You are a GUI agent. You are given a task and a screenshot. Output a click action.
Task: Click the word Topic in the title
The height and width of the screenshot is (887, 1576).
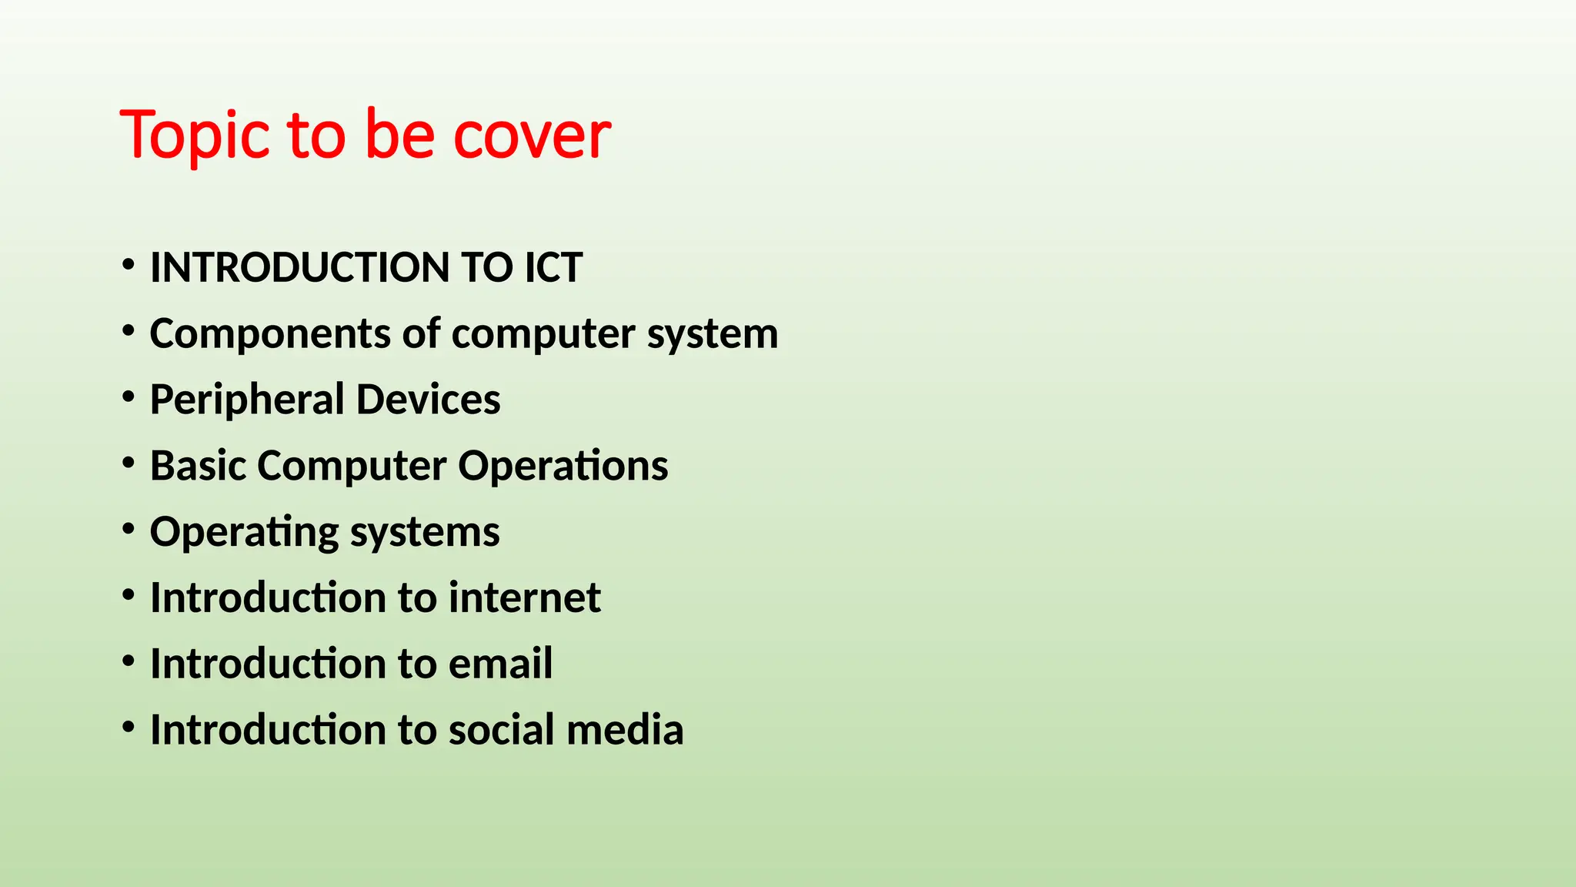point(195,136)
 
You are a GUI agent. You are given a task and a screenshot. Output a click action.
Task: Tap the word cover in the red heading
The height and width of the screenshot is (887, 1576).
point(532,136)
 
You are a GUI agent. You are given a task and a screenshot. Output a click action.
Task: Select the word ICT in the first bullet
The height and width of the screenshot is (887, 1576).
point(553,268)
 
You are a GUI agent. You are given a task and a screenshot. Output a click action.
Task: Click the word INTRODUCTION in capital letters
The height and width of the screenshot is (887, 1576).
point(299,268)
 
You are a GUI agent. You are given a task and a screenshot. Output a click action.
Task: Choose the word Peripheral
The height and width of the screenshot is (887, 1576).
point(247,400)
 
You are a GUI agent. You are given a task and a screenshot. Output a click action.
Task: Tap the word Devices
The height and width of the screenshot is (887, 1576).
point(428,400)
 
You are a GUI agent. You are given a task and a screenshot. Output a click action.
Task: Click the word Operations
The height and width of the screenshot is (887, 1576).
point(563,467)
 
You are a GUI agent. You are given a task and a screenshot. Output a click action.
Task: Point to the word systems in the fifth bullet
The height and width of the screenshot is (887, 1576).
point(426,533)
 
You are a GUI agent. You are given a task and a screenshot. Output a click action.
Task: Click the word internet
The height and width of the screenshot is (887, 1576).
point(524,598)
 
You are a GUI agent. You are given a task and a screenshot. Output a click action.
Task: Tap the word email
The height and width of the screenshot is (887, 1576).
point(500,664)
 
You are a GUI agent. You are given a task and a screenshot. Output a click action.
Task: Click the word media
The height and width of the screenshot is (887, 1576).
point(625,730)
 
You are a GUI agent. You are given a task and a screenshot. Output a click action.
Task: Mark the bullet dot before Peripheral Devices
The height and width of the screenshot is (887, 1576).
point(129,397)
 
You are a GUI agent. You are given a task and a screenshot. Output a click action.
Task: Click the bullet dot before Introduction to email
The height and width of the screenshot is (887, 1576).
point(129,661)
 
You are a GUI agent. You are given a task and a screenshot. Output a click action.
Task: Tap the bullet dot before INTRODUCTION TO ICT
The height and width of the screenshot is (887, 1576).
point(129,266)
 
